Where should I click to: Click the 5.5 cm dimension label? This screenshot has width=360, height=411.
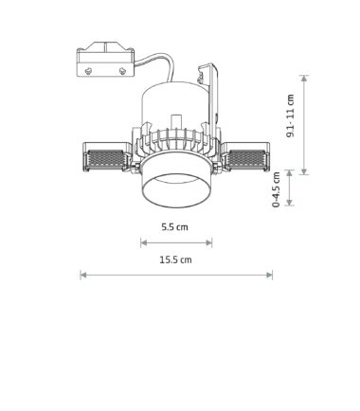click(x=174, y=227)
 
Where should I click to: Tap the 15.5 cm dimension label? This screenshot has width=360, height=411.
click(x=175, y=259)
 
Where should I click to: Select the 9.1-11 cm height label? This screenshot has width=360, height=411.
click(x=290, y=116)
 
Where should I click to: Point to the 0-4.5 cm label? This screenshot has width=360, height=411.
click(x=277, y=189)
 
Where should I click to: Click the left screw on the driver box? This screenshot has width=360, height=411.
click(x=89, y=71)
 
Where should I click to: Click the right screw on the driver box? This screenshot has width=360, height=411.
click(x=122, y=71)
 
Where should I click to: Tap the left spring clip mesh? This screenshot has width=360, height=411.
click(x=106, y=159)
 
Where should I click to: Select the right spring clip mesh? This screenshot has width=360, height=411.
click(x=246, y=159)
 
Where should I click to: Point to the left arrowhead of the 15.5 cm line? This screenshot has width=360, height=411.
click(x=83, y=276)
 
